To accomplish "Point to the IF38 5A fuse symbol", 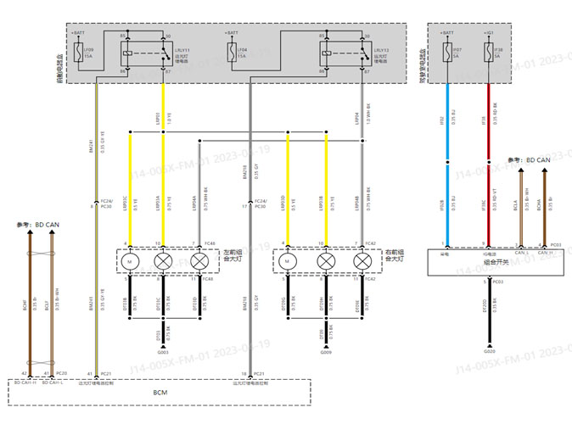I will [488, 53].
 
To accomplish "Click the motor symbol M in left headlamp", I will [130, 261].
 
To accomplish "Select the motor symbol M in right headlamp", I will [289, 261].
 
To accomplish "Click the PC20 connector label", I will [61, 373].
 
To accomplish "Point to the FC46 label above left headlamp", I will [210, 243].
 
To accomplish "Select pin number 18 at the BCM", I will [244, 373].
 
